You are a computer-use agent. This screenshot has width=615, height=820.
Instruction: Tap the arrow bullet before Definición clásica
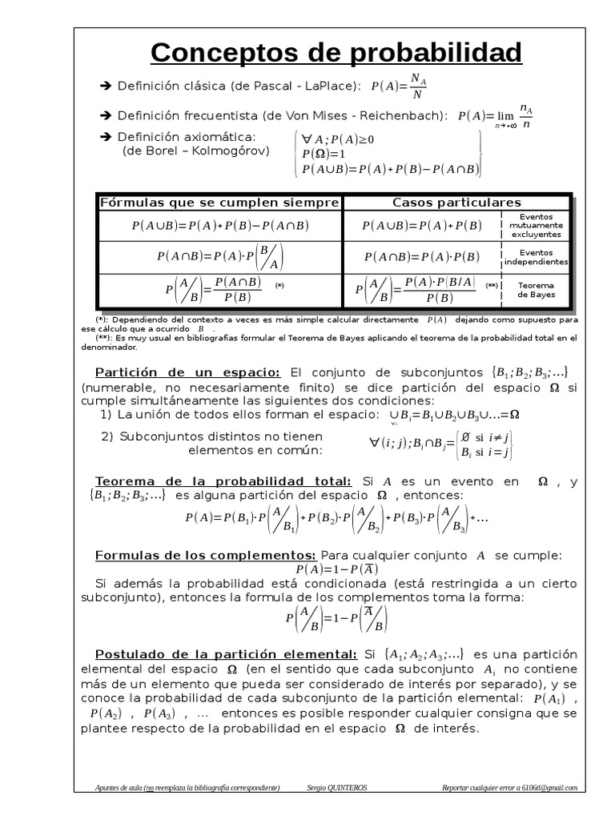click(x=106, y=86)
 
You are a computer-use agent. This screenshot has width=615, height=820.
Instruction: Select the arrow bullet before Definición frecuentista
click(x=106, y=115)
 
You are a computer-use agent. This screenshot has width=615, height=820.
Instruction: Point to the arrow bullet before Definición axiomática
click(x=106, y=137)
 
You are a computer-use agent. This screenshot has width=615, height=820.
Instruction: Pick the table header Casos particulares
click(x=456, y=203)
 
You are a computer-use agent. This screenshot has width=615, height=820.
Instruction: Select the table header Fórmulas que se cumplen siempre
click(x=220, y=203)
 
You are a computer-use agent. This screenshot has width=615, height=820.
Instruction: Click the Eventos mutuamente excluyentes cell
click(x=536, y=226)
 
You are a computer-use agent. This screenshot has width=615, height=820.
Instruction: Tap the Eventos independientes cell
click(x=536, y=257)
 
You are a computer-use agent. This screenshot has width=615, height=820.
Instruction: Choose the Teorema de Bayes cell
click(x=536, y=289)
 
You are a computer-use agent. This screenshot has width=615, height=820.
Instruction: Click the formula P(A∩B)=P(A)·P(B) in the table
click(x=421, y=257)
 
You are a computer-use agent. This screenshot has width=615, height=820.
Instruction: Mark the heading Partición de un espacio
click(x=187, y=372)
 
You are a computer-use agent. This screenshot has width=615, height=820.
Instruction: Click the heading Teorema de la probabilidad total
click(x=223, y=481)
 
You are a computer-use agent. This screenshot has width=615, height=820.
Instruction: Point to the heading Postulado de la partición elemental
click(x=226, y=653)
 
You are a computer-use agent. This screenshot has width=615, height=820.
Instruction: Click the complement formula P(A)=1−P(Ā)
click(x=336, y=569)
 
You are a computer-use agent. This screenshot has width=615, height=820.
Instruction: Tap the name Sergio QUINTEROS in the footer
click(x=336, y=788)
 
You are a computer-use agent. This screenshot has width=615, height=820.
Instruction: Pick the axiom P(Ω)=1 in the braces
click(x=324, y=154)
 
